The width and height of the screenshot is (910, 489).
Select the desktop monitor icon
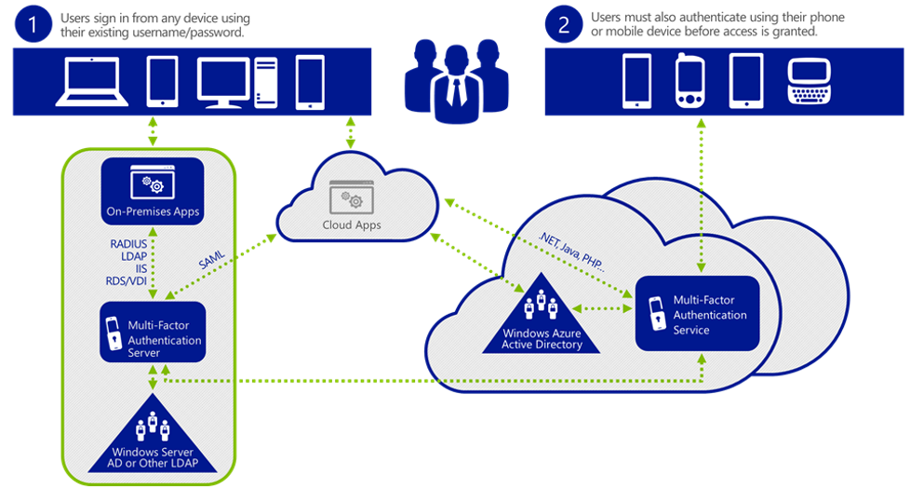(224, 82)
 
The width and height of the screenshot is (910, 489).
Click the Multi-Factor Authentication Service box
(697, 313)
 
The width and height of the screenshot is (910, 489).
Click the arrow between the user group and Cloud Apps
(351, 132)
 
